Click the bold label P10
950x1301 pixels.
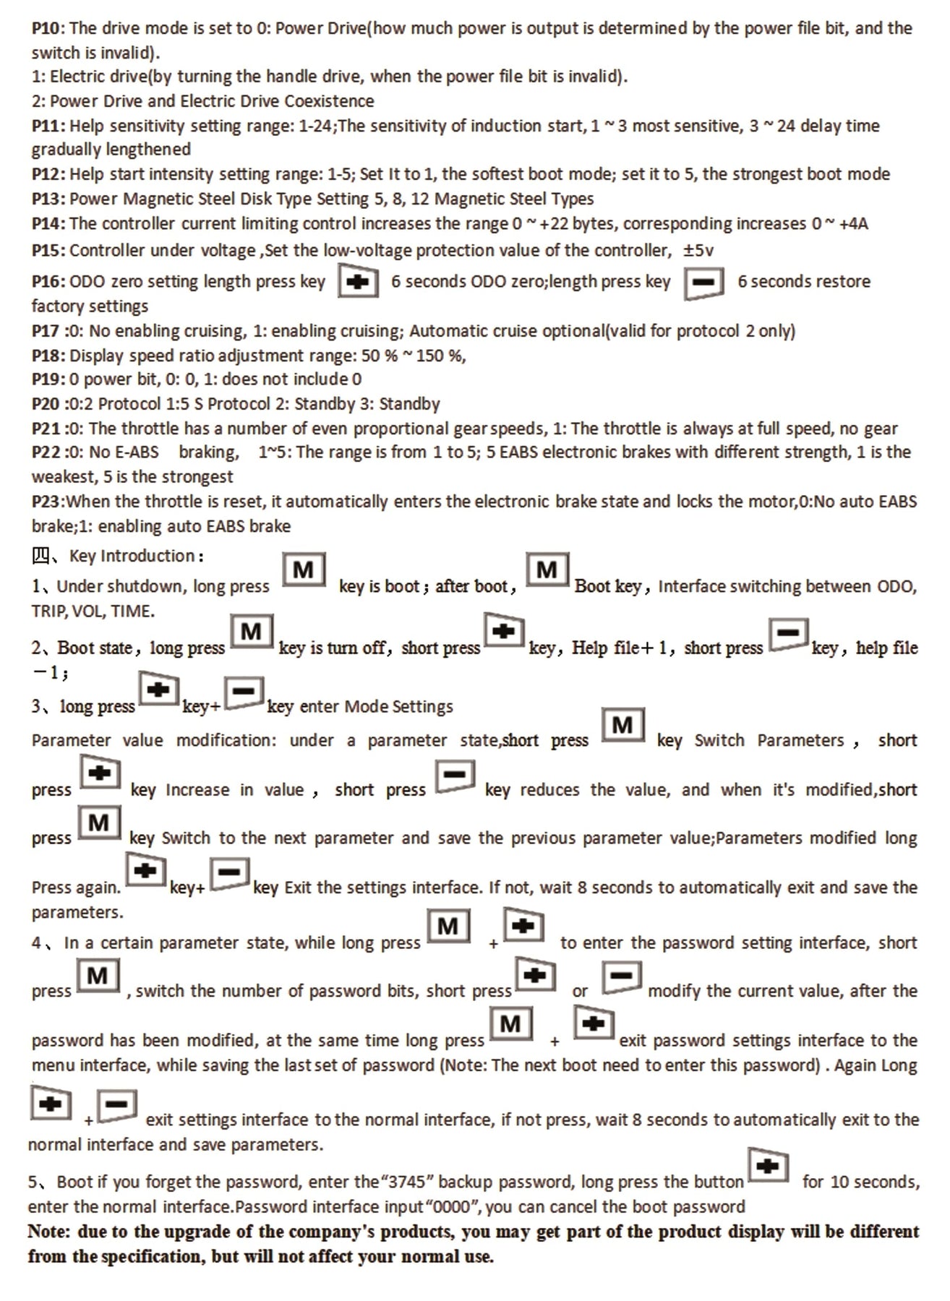pos(48,29)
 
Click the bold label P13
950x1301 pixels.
pos(48,199)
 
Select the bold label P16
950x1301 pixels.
pos(48,282)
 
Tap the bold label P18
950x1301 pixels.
pos(48,356)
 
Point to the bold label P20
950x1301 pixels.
pos(46,404)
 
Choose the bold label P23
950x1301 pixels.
pos(46,502)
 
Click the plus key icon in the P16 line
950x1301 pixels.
pos(359,281)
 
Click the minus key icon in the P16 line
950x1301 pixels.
pos(703,281)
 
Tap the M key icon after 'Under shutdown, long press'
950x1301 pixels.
pos(304,570)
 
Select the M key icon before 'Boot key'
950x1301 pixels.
pos(547,570)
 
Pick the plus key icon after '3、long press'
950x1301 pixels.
pos(158,690)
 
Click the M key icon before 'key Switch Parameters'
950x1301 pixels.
pos(622,725)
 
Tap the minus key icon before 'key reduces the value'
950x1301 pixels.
pos(455,776)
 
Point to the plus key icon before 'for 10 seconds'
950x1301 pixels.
pos(768,1165)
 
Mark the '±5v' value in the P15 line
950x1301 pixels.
pos(698,251)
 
